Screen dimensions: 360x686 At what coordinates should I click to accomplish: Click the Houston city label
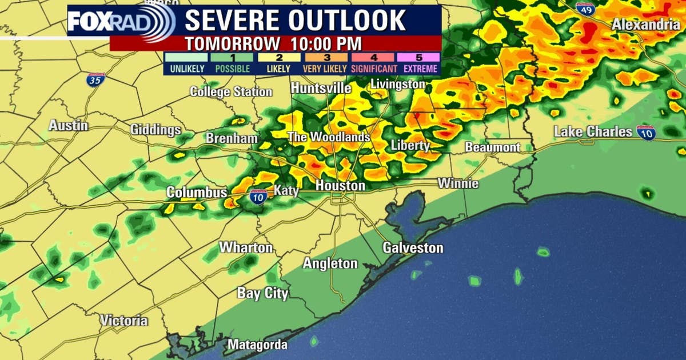(x=340, y=186)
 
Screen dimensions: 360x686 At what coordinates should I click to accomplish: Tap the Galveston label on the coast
(x=413, y=248)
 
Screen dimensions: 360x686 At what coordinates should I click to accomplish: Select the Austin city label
(x=68, y=126)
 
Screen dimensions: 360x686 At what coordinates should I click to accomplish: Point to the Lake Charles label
(x=593, y=132)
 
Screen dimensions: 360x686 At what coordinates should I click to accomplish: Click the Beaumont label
(x=492, y=147)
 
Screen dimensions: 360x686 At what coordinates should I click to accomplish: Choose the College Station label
(x=231, y=91)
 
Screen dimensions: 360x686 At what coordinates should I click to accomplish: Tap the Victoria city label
(x=123, y=321)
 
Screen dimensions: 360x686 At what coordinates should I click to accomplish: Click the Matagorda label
(x=257, y=345)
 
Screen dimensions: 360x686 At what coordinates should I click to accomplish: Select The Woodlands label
(x=328, y=138)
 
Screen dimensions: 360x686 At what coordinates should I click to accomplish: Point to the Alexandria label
(x=645, y=25)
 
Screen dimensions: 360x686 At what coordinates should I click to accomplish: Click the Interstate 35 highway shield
(x=96, y=79)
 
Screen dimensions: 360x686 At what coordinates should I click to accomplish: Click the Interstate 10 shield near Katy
(x=257, y=197)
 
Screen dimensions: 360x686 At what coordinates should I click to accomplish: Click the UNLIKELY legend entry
(x=185, y=63)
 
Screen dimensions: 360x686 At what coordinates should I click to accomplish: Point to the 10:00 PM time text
(x=326, y=43)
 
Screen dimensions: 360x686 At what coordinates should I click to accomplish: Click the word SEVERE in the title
(x=232, y=20)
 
